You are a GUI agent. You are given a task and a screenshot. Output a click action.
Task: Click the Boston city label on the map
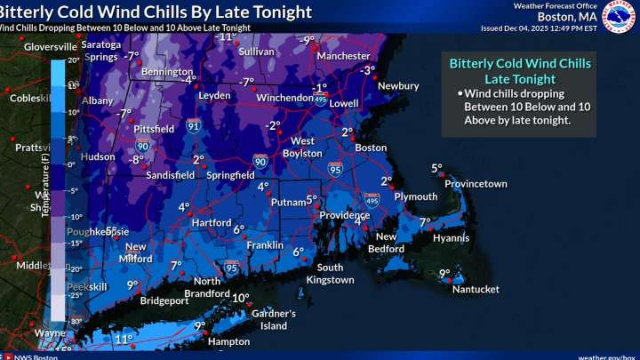371,148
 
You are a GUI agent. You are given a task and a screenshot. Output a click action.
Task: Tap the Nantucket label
476,289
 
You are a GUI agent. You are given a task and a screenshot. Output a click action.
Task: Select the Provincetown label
476,184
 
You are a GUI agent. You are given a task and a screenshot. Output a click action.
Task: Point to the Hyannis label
451,238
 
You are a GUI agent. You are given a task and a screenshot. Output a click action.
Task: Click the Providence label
345,216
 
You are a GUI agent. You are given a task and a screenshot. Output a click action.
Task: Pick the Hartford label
212,222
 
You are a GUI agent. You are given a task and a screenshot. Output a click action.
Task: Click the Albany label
98,100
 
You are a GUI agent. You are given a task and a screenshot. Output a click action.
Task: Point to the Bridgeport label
164,300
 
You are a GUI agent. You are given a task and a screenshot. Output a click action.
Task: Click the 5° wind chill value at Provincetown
436,168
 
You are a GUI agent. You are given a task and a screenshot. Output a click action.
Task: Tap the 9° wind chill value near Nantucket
444,274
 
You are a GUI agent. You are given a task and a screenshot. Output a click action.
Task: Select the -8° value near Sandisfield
137,160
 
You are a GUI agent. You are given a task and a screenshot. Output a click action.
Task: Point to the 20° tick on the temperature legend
73,61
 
